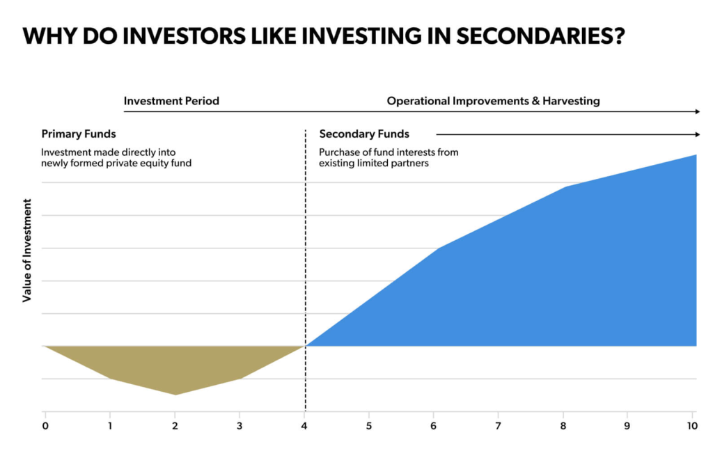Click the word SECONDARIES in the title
540,36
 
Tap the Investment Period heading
171,101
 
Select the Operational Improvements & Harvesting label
494,101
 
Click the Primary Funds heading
79,134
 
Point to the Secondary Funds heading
364,134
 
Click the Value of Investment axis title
27,251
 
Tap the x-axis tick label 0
45,426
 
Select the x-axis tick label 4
304,426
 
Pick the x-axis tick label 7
498,426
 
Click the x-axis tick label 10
692,426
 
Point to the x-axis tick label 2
175,426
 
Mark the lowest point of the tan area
175,395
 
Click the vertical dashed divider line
306,271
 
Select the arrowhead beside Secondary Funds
698,134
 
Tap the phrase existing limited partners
374,164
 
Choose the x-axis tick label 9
627,426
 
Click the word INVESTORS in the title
185,36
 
